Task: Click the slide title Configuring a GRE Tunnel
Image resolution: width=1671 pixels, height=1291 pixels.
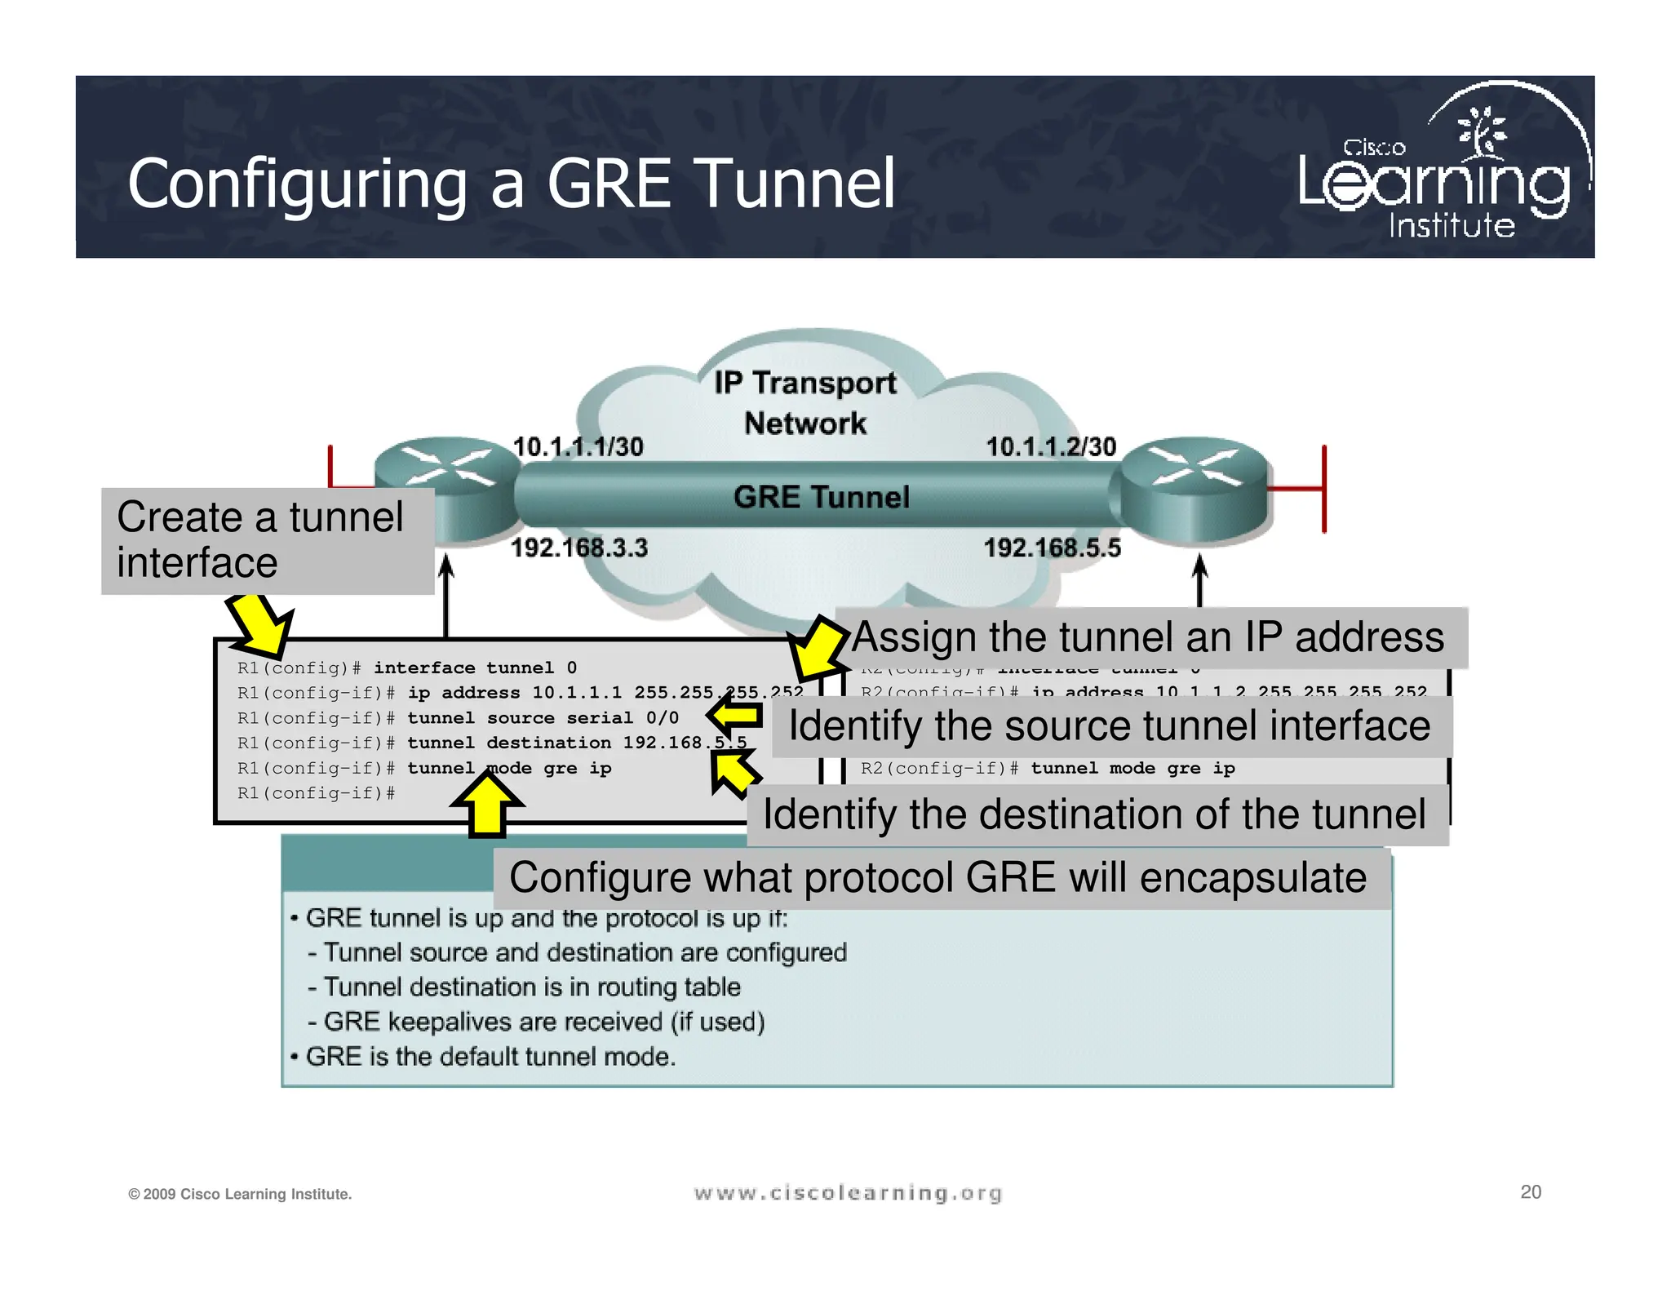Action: coord(512,184)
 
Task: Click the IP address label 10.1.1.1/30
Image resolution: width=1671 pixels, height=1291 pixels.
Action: coord(578,446)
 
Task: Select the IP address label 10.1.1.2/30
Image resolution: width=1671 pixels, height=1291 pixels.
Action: coord(1051,446)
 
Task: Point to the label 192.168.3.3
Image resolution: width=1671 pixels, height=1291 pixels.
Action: coord(579,548)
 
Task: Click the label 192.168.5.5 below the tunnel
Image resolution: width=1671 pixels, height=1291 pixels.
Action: coord(1053,548)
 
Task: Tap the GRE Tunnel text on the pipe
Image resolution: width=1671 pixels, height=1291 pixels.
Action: coord(821,497)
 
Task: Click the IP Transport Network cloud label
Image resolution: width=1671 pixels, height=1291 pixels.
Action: coord(805,402)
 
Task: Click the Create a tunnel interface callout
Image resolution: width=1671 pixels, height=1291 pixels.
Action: coord(267,540)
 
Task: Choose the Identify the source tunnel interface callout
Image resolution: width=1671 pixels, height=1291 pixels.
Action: coord(1110,725)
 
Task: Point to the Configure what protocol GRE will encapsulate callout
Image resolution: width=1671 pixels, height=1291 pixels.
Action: coord(938,878)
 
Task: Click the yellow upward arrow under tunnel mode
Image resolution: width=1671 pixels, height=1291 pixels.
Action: coord(487,804)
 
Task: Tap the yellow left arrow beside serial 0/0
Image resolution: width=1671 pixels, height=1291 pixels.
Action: coord(734,716)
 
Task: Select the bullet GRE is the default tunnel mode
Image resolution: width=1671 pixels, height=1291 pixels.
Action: coord(490,1057)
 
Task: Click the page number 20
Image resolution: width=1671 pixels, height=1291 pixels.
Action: coord(1531,1191)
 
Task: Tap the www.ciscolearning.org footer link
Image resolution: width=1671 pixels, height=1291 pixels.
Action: coord(848,1193)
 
